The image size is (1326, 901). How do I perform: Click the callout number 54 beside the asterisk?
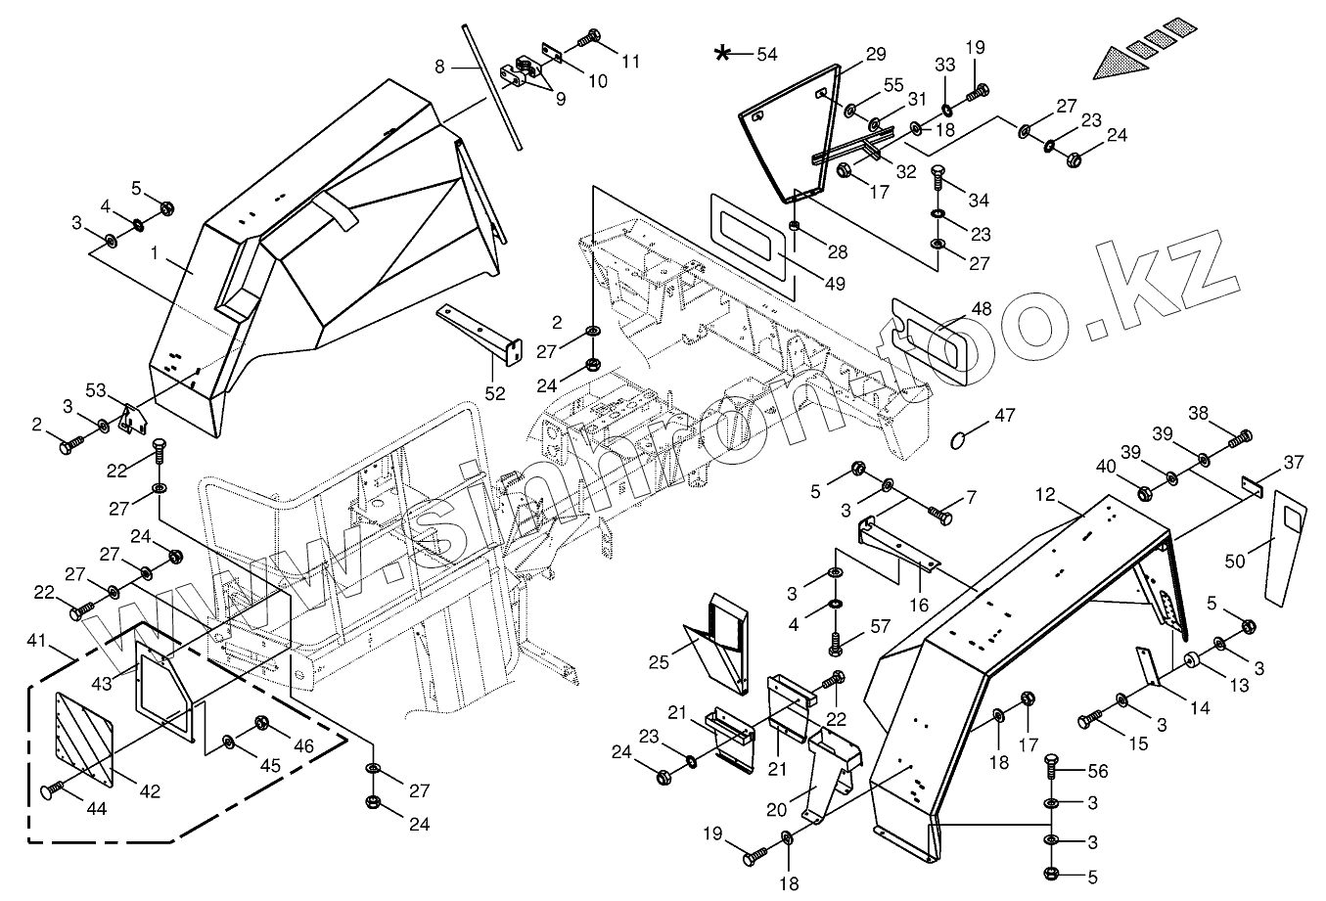pos(767,54)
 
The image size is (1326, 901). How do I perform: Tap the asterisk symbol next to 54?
pos(722,53)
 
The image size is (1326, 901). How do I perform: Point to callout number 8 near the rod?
pos(439,67)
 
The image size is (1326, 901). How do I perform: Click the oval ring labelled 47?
pos(962,441)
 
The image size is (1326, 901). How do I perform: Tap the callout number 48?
pos(982,309)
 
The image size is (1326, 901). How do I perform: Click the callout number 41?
pos(36,641)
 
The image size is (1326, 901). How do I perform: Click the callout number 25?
pos(658,662)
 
